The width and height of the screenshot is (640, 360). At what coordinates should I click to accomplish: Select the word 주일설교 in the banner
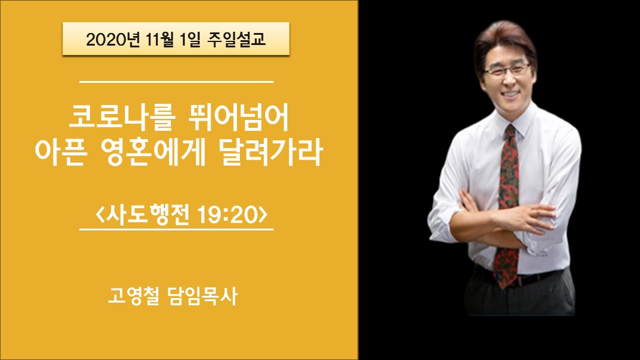point(237,39)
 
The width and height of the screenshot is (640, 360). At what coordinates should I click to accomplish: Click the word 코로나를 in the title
point(122,118)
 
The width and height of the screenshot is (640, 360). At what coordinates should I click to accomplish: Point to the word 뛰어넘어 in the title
point(238,118)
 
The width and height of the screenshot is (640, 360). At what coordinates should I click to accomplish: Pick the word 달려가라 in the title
point(271,152)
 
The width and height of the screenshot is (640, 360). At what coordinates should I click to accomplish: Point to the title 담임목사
point(203,296)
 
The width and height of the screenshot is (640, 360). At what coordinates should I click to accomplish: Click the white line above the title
point(176,82)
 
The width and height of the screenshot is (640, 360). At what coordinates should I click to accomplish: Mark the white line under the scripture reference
point(176,229)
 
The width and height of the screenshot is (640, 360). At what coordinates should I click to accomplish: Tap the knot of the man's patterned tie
point(510,132)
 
